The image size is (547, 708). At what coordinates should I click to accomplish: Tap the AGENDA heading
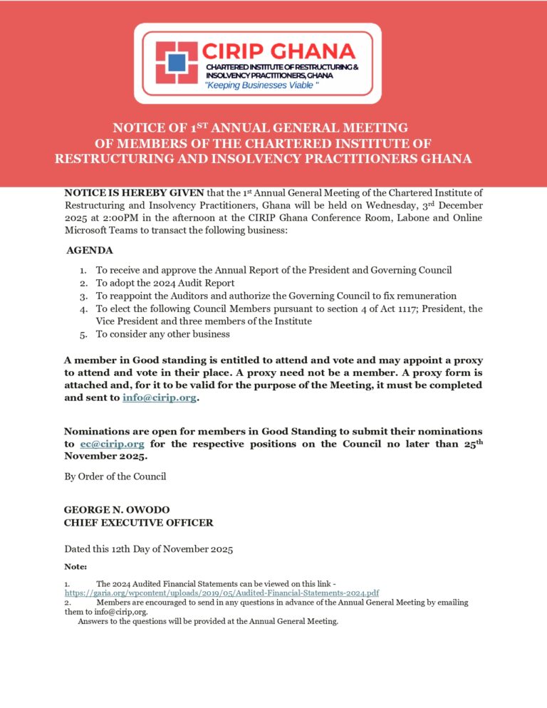pos(89,251)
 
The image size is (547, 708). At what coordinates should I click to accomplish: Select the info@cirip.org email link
pos(159,397)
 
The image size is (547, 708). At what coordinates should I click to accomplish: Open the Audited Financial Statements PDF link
pos(222,593)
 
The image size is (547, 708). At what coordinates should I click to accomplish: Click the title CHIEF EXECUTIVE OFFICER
pos(138,523)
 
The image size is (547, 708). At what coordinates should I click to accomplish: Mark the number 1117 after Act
pos(387,308)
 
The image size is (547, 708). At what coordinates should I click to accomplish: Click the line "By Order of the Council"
pos(115,476)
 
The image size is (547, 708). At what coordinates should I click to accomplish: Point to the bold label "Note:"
pos(75,566)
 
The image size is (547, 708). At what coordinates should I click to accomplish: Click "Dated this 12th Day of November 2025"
pos(148,549)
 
